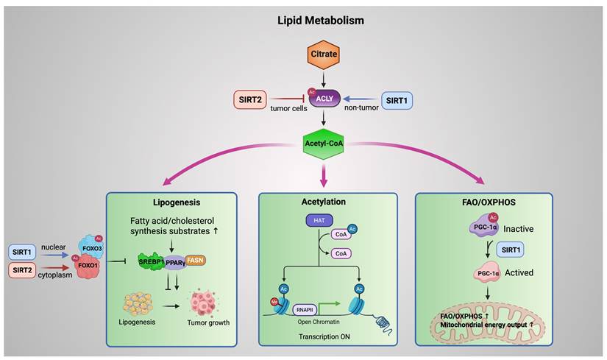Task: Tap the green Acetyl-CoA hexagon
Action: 324,141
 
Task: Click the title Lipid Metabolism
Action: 321,20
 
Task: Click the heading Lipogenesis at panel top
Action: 172,202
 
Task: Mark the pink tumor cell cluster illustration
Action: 207,303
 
